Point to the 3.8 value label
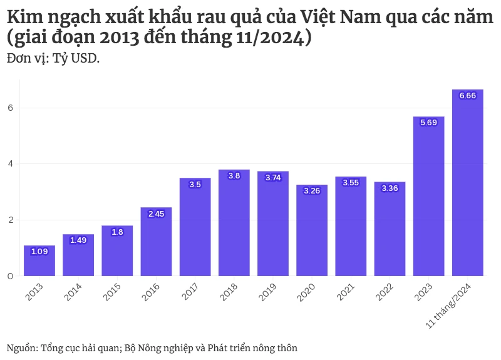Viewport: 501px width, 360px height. pyautogui.click(x=234, y=176)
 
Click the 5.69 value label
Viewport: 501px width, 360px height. pyautogui.click(x=429, y=123)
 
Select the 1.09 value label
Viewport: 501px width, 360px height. pyautogui.click(x=39, y=252)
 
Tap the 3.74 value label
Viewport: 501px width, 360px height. pyautogui.click(x=273, y=178)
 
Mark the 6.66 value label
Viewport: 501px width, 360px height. pyautogui.click(x=468, y=96)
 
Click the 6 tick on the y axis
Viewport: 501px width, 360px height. pyautogui.click(x=10, y=108)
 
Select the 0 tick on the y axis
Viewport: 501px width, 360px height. pyautogui.click(x=10, y=275)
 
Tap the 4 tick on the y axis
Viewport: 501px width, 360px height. pyautogui.click(x=10, y=164)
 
